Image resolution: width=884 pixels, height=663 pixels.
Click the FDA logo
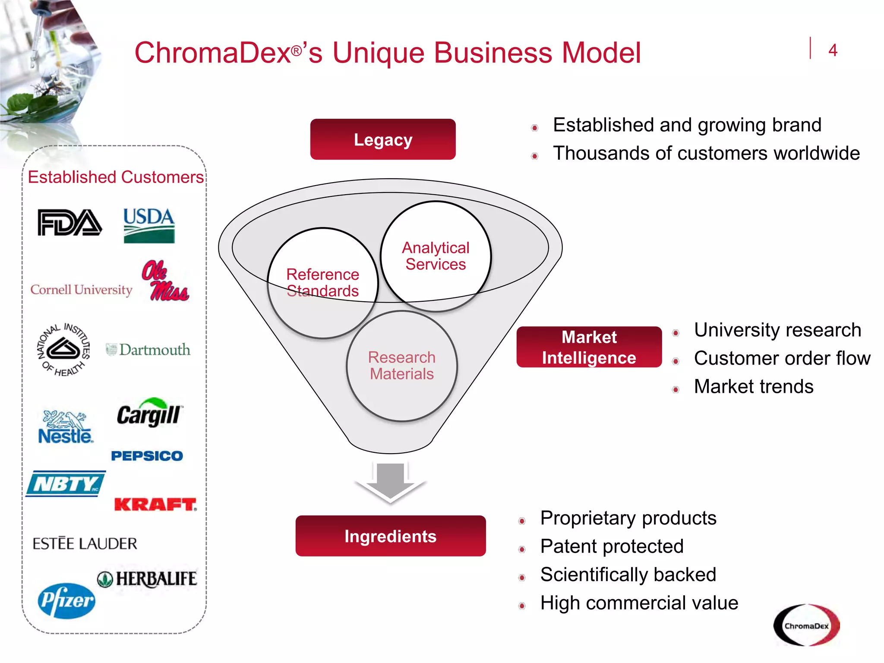click(69, 223)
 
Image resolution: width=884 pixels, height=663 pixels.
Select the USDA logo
click(149, 225)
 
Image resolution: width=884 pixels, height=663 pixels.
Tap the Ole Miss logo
click(165, 281)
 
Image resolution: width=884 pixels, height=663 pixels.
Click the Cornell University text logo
click(81, 290)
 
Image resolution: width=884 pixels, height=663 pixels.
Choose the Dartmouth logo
click(148, 350)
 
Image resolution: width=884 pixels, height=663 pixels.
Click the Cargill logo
click(149, 414)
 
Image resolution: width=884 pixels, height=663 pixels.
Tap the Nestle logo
click(65, 427)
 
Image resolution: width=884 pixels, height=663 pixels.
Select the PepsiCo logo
click(147, 456)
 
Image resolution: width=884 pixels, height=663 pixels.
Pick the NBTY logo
click(66, 484)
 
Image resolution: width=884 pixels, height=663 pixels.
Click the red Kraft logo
click(155, 504)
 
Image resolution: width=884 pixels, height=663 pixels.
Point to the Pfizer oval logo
click(66, 600)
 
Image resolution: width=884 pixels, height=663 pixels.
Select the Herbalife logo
click(147, 579)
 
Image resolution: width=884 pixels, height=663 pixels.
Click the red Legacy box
click(383, 139)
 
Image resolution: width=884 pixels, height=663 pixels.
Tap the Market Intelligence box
click(589, 347)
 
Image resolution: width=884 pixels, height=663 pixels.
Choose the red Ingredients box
click(390, 536)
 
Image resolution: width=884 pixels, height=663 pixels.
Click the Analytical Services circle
click(436, 256)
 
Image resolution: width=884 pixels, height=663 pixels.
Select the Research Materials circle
click(401, 366)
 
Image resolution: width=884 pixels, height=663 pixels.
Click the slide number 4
click(833, 51)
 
